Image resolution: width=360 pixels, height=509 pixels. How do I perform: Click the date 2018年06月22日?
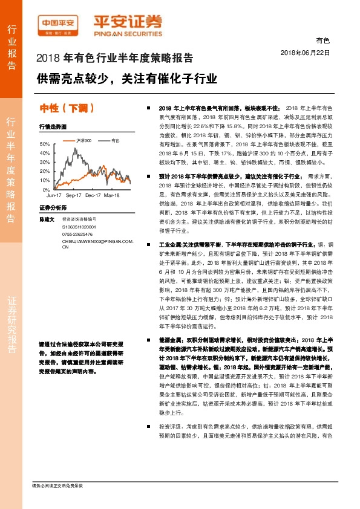(x=306, y=53)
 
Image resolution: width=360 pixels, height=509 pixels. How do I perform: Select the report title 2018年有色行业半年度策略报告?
(x=115, y=59)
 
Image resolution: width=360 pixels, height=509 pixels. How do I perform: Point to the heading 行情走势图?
(x=52, y=128)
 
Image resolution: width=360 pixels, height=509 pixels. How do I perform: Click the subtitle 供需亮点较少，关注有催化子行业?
(x=126, y=79)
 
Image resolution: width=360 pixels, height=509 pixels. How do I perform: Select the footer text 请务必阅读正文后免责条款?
(x=57, y=485)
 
